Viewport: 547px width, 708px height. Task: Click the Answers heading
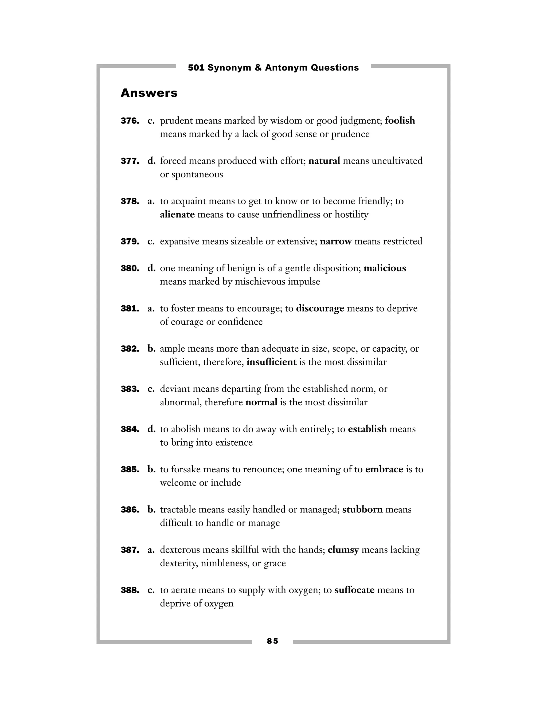[x=149, y=93]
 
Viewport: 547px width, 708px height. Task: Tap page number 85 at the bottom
[x=272, y=641]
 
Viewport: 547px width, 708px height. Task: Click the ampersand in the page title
[x=258, y=68]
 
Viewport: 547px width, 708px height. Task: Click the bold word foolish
[x=400, y=120]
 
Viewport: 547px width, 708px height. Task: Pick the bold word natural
[x=324, y=161]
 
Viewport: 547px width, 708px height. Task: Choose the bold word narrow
[x=335, y=241]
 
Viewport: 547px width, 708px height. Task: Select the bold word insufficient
[x=271, y=362]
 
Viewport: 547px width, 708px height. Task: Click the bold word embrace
[x=384, y=469]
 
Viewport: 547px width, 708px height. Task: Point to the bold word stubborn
[x=362, y=509]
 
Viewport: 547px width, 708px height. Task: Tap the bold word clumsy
[x=343, y=550]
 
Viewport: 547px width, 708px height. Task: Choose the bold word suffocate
[x=354, y=590]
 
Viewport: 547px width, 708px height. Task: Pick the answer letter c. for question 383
[x=151, y=389]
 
